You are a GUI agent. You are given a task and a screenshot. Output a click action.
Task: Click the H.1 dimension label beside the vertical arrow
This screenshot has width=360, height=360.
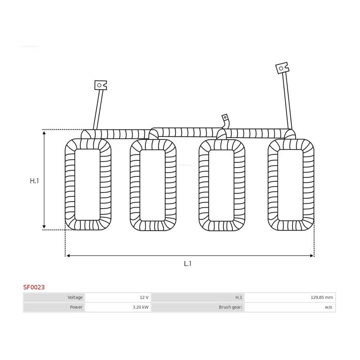tap(34, 181)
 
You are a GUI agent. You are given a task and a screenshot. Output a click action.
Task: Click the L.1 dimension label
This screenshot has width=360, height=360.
tap(188, 264)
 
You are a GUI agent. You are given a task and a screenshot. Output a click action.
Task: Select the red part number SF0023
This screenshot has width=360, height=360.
tap(34, 287)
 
